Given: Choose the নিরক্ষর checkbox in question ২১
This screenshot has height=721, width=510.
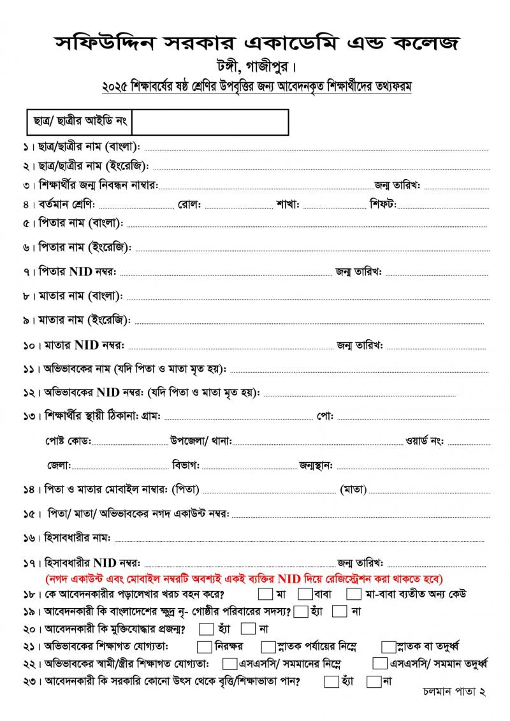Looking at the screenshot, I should [x=205, y=646].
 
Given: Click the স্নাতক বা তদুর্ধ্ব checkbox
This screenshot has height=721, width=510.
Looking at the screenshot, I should [x=388, y=646].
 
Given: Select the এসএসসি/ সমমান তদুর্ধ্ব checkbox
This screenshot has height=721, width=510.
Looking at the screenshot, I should [x=380, y=664].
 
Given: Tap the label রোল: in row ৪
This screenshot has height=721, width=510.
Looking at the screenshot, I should [x=190, y=205].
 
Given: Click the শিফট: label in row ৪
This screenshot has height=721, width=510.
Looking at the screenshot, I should [x=383, y=205].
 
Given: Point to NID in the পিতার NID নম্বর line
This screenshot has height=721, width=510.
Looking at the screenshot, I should [x=81, y=272].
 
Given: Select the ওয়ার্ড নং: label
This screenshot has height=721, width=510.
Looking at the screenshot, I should [x=425, y=441].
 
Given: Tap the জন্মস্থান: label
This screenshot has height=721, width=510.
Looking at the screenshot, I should [x=316, y=465].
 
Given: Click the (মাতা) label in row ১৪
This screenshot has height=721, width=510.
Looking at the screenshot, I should [x=353, y=490].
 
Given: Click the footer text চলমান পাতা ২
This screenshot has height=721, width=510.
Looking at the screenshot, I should [x=455, y=692].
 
